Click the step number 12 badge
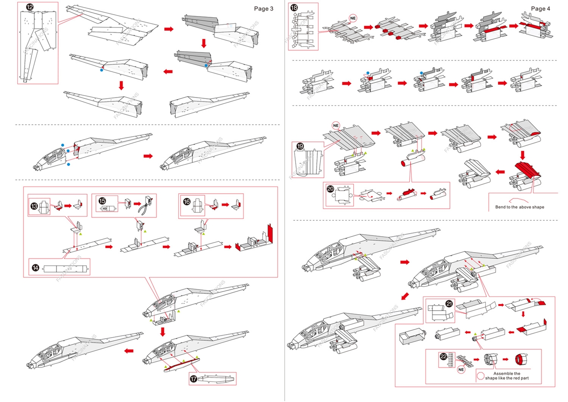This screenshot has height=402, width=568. [30, 7]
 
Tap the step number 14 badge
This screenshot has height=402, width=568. [35, 268]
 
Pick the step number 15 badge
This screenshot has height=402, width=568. [102, 201]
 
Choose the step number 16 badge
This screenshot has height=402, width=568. [187, 201]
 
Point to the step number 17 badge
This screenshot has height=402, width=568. [193, 379]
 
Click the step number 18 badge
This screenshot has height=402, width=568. [294, 8]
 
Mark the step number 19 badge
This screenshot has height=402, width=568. [300, 146]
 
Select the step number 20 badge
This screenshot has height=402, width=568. [330, 188]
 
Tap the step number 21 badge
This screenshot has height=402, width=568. [449, 304]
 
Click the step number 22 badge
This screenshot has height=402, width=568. [443, 356]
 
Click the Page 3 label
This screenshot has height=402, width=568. [264, 8]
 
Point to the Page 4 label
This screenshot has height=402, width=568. [540, 8]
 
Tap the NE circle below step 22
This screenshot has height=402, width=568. [461, 369]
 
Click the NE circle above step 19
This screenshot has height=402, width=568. [336, 125]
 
